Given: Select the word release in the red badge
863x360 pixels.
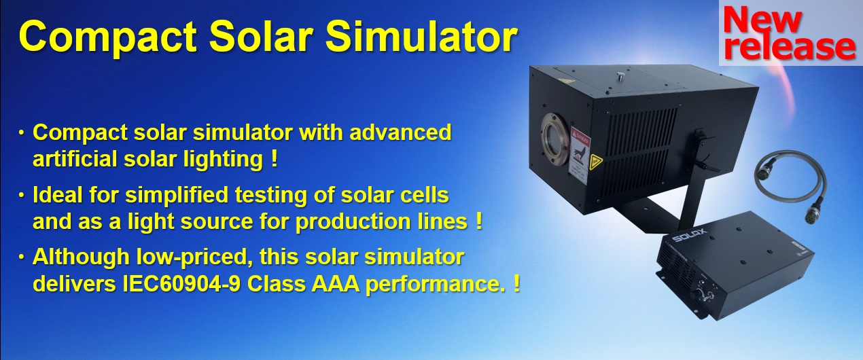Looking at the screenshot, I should point(789,47).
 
